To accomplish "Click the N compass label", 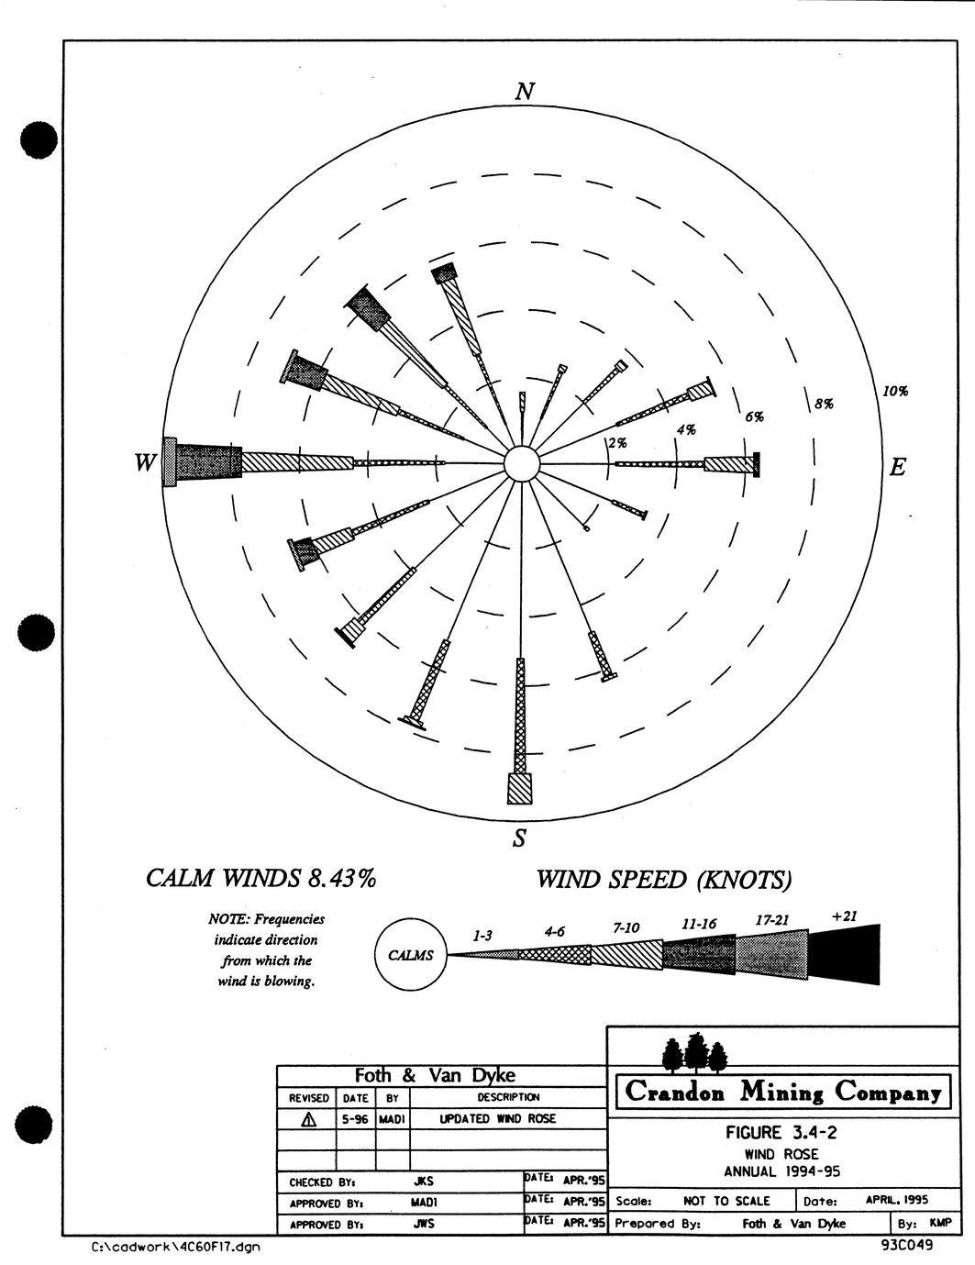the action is (x=525, y=92).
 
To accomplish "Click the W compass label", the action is (x=146, y=463).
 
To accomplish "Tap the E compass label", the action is (x=898, y=467).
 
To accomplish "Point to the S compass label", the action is (x=520, y=838).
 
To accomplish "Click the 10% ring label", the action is (x=895, y=391).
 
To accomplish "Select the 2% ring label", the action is (x=617, y=443).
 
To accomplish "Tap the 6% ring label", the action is (x=754, y=416).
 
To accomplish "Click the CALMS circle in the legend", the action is (x=411, y=955).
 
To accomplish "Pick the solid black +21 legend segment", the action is (x=844, y=954).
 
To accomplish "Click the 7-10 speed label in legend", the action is (x=626, y=928).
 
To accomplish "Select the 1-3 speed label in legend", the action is (x=482, y=936).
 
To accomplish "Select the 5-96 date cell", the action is (x=355, y=1119).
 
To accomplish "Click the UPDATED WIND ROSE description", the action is (x=497, y=1119).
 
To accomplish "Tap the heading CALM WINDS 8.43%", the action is (x=260, y=879).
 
